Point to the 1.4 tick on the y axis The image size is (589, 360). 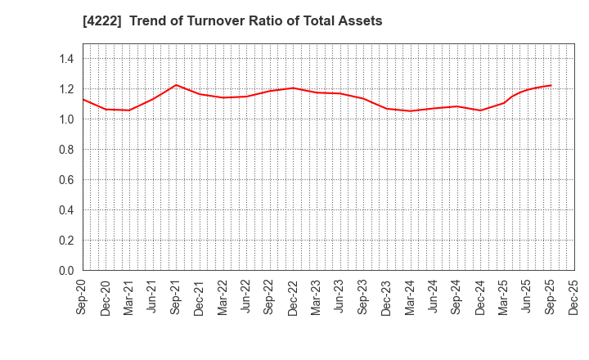pos(66,59)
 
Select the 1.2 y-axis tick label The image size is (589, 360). pos(66,89)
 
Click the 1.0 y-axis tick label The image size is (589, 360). pos(66,119)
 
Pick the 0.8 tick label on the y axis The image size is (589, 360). pos(66,150)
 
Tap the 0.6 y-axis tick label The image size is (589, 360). pos(66,180)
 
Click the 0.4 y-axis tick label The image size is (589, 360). pos(66,210)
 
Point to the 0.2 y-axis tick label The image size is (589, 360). pos(66,241)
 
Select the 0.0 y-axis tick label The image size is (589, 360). pos(66,271)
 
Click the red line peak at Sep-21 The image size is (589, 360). pos(176,85)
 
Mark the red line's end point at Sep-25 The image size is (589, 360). pos(551,85)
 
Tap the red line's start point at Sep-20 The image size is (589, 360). pos(83,99)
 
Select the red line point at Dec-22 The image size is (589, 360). pos(293,88)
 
